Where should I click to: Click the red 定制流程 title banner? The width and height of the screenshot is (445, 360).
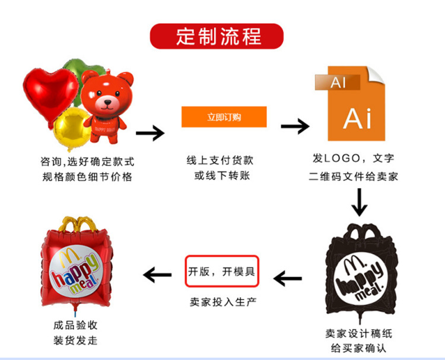click(x=217, y=36)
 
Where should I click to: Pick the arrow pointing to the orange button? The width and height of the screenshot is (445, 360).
click(x=150, y=133)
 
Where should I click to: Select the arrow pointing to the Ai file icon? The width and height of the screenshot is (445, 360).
click(x=295, y=126)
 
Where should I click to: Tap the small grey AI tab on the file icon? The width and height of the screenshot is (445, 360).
click(x=338, y=82)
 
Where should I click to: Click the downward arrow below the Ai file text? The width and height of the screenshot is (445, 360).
click(x=359, y=202)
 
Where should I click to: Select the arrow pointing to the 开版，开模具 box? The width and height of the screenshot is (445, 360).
click(x=288, y=277)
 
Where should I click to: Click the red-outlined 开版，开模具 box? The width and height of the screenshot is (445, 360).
click(x=222, y=272)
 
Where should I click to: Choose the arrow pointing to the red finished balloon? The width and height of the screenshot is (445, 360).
click(x=157, y=275)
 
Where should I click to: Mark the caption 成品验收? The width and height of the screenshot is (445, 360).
click(x=75, y=325)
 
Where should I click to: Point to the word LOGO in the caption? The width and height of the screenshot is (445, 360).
click(x=344, y=158)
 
